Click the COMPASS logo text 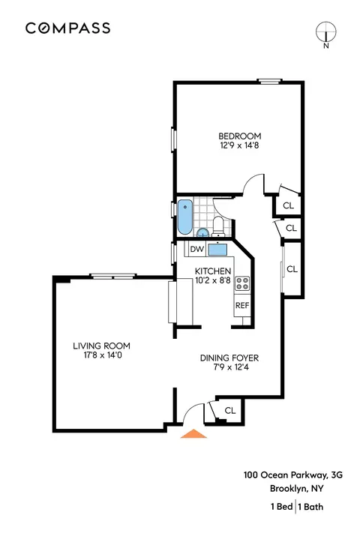tap(68, 28)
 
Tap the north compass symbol tap(326, 32)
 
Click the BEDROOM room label tap(239, 136)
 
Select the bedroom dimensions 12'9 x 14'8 tap(239, 146)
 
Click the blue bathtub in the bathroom tap(185, 216)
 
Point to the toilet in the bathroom tap(217, 223)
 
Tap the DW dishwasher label tap(197, 249)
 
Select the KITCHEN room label tap(212, 271)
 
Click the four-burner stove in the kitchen tap(243, 283)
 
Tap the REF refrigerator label tap(242, 305)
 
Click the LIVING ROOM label tap(101, 346)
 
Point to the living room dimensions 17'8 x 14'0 tap(101, 356)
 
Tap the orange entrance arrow tap(194, 433)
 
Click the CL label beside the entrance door tap(230, 410)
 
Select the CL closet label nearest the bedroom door tap(287, 203)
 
